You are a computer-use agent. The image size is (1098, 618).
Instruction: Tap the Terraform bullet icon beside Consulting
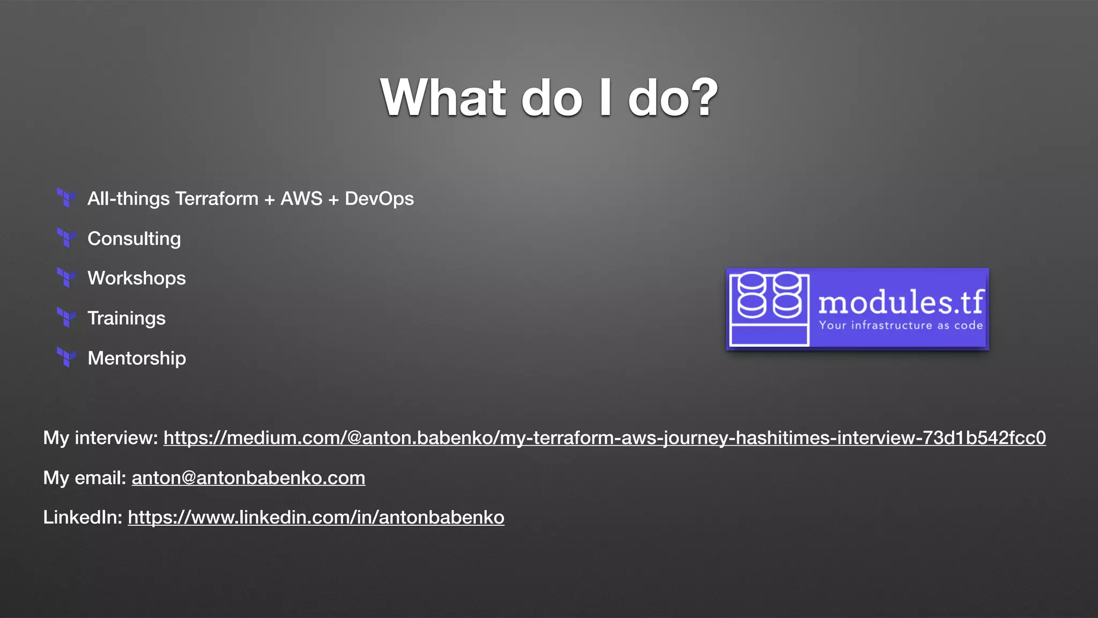click(x=66, y=238)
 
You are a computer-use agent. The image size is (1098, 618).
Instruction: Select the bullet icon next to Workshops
click(x=66, y=278)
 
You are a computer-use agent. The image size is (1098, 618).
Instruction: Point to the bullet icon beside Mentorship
click(x=66, y=358)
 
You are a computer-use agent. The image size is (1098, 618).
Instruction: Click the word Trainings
click(x=127, y=318)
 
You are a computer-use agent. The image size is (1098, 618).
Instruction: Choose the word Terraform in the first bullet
click(x=217, y=198)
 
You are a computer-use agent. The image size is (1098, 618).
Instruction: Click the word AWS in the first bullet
click(x=301, y=198)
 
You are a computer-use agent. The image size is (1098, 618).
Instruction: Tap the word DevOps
click(x=379, y=198)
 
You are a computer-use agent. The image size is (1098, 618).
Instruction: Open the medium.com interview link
click(x=604, y=438)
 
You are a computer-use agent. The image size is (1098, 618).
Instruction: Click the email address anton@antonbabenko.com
click(x=248, y=477)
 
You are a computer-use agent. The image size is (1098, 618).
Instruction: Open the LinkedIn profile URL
click(x=316, y=517)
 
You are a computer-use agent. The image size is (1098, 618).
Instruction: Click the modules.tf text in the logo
click(x=901, y=302)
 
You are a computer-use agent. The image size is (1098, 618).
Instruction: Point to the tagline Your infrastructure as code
click(x=901, y=325)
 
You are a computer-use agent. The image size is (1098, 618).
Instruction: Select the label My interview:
click(x=100, y=438)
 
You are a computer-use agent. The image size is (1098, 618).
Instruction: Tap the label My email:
click(x=84, y=477)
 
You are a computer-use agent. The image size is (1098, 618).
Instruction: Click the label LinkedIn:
click(x=83, y=517)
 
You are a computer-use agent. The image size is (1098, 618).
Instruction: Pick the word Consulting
click(x=134, y=238)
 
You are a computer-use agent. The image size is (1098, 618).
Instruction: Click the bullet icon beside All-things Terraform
click(x=66, y=198)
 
